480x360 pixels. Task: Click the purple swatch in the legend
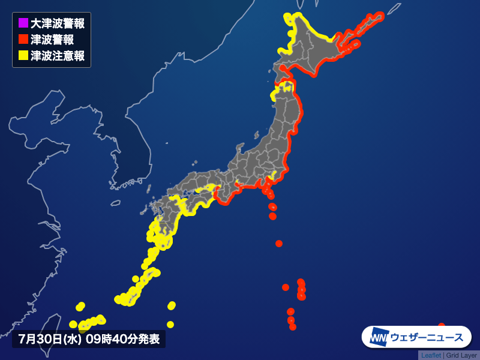23,24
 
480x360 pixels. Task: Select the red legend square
23,40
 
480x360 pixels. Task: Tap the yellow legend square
23,55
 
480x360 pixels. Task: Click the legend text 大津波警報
57,24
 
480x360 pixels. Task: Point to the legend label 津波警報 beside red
52,40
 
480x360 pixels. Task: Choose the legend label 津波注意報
57,55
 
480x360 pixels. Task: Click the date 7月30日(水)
49,339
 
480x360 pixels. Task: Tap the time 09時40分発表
122,339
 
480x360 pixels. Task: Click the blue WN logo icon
379,337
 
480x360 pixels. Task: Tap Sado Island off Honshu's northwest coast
241,147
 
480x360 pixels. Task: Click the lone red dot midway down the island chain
279,243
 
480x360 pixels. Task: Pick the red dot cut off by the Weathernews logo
442,326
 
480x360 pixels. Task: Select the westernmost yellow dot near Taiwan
73,324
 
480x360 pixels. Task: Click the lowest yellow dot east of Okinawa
170,325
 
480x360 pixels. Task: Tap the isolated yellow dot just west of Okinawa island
136,278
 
